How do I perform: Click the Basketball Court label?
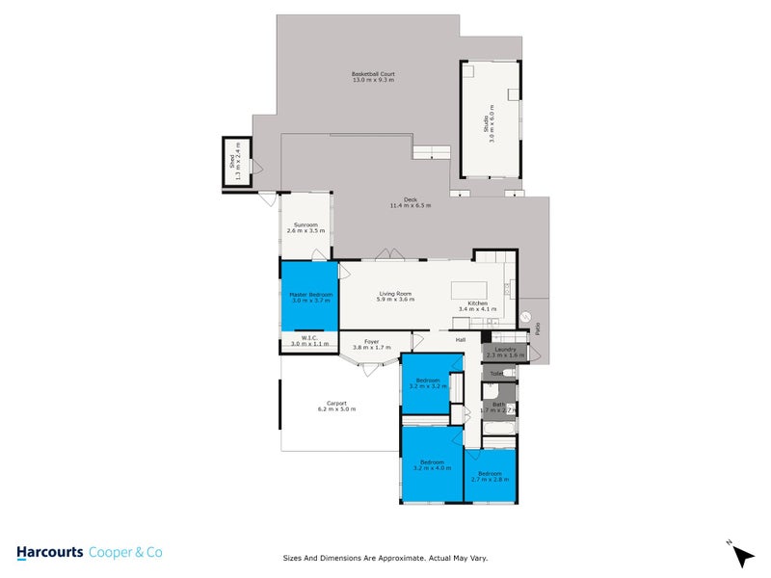373,76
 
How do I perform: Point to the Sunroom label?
306,228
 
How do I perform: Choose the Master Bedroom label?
310,297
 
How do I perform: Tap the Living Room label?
395,297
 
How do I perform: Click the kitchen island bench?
475,290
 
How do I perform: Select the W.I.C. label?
304,340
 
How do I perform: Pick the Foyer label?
371,343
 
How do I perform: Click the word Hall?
461,340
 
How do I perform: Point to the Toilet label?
495,373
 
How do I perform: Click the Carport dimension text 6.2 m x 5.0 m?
336,409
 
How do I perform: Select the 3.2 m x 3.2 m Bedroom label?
427,383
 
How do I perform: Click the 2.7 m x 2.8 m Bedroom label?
490,476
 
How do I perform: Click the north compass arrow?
741,555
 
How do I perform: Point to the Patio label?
538,329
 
